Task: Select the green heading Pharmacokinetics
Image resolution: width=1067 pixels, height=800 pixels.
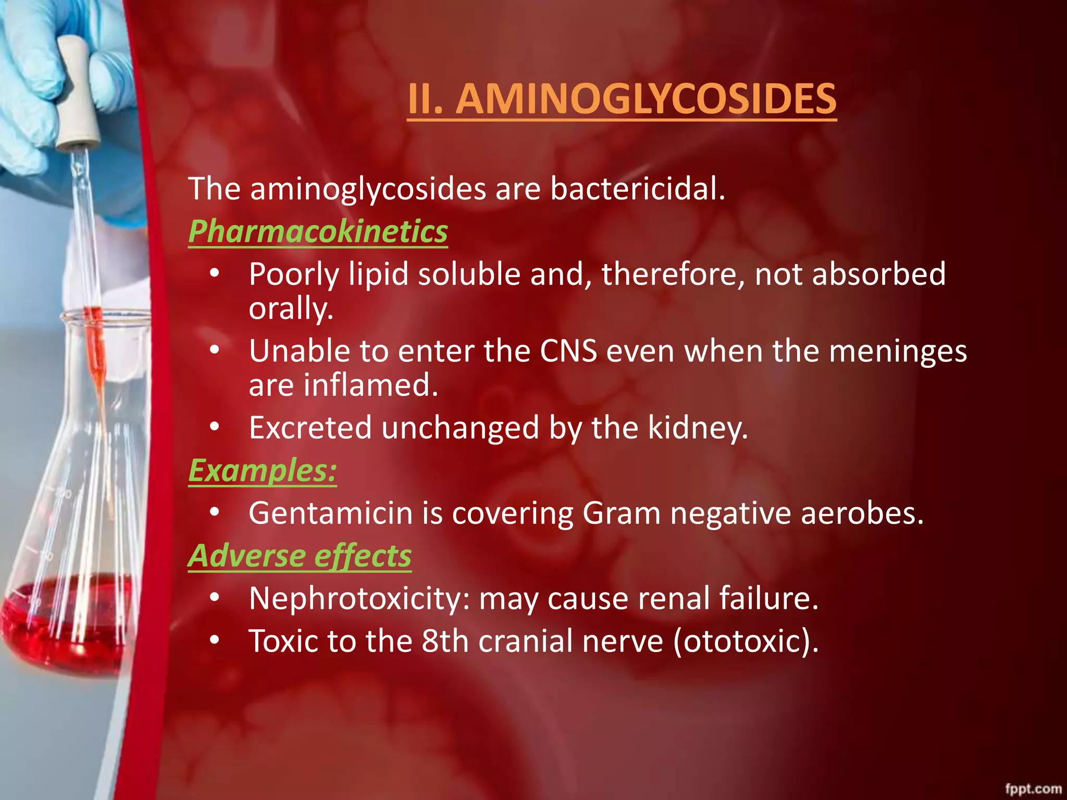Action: (x=318, y=231)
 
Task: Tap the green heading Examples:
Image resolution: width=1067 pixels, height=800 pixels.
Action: (x=262, y=471)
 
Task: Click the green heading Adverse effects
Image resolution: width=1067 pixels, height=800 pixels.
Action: (x=300, y=556)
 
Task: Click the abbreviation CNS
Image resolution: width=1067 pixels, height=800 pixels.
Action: (x=568, y=351)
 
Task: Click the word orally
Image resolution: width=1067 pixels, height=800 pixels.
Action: (x=290, y=309)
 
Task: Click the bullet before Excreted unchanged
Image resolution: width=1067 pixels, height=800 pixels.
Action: (x=215, y=427)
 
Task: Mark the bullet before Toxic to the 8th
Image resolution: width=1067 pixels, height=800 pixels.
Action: (x=215, y=640)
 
